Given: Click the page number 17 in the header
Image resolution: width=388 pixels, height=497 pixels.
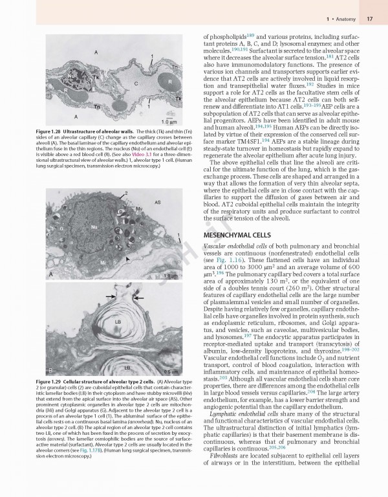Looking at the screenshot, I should tap(370, 19).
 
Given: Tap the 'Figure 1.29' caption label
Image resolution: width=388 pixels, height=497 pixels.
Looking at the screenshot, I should tap(30, 383).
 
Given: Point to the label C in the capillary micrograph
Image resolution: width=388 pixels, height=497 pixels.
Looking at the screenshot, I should tap(136, 84).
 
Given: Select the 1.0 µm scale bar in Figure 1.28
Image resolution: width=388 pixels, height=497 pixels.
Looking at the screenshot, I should tap(169, 121).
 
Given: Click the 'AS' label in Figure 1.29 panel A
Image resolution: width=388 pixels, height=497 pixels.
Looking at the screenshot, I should tap(157, 203).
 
